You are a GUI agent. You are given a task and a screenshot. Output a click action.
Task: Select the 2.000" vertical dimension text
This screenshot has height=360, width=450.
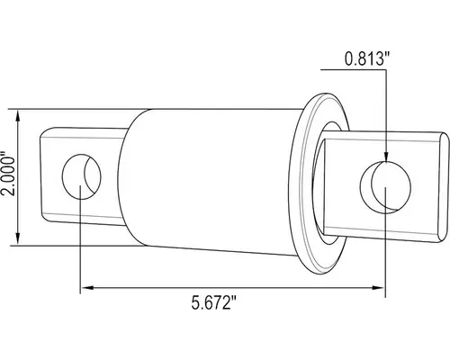click(7, 176)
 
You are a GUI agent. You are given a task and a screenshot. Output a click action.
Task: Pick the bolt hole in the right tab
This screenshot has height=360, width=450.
click(382, 184)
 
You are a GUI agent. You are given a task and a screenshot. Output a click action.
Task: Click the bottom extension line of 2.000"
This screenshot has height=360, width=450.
click(36, 243)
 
